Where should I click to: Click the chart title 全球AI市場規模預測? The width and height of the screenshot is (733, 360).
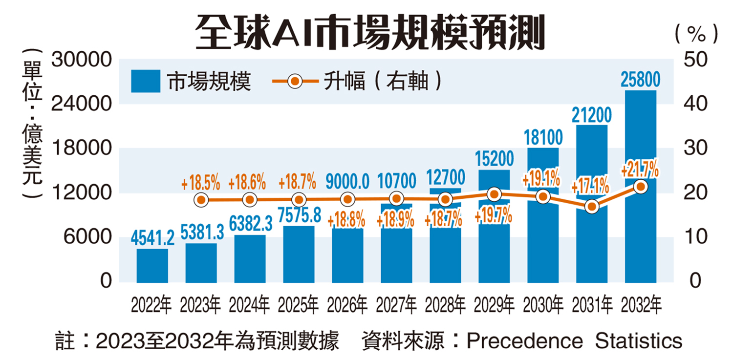coord(369,30)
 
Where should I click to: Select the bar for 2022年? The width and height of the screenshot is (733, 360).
coord(152,266)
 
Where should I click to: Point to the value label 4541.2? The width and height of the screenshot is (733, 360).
coord(152,238)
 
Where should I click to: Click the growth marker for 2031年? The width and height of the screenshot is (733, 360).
coord(592,207)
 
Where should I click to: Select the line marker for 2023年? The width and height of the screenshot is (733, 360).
coord(201,199)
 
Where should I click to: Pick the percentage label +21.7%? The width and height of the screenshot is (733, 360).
coord(640,171)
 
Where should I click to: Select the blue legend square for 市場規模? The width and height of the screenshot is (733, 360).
coord(146,81)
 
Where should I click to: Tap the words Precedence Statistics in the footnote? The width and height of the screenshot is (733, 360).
coord(574,340)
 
